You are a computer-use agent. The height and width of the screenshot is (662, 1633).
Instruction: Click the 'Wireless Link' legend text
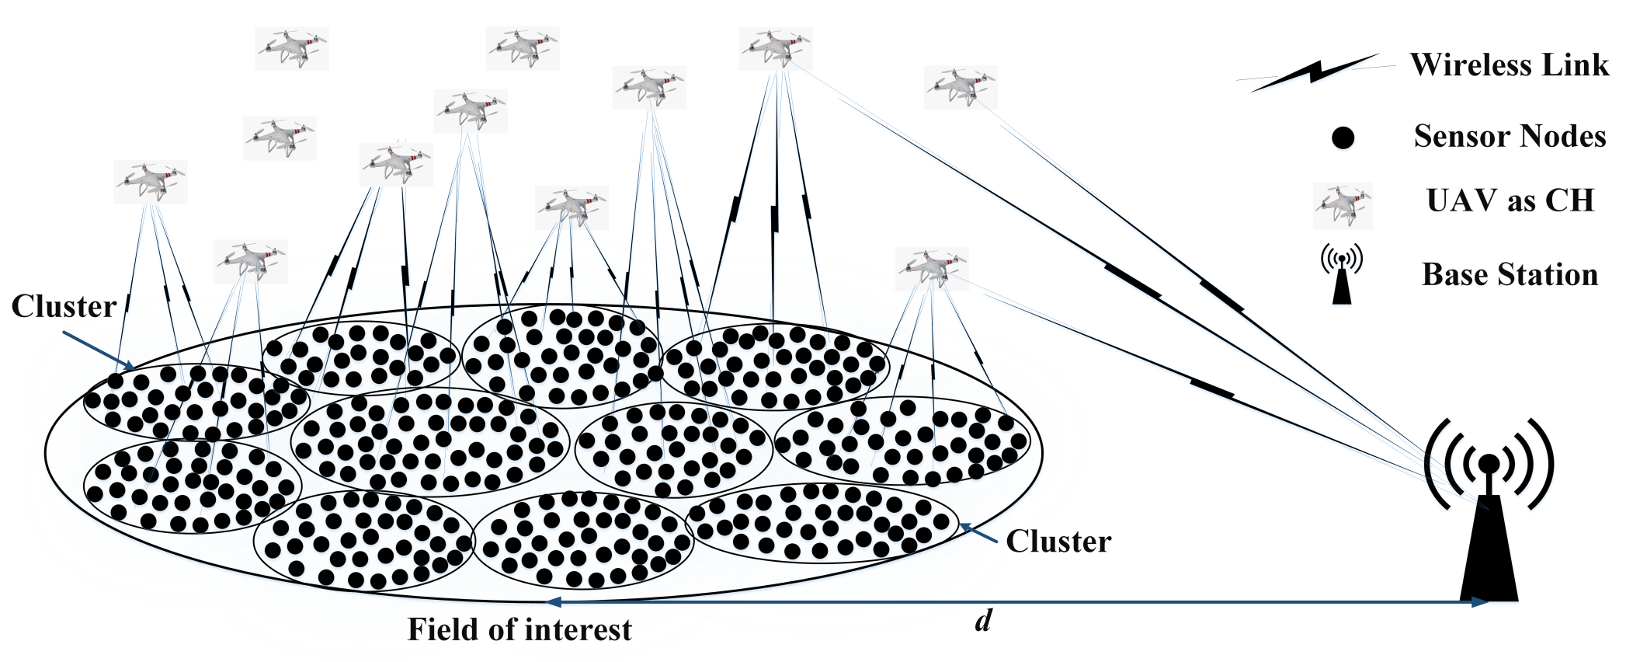pyautogui.click(x=1509, y=65)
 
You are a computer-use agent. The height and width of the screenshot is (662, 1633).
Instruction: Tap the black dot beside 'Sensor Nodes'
pyautogui.click(x=1343, y=138)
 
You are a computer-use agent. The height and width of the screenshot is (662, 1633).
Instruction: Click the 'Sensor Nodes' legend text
pyautogui.click(x=1509, y=137)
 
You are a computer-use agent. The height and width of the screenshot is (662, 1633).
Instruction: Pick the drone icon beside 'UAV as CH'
pyautogui.click(x=1343, y=205)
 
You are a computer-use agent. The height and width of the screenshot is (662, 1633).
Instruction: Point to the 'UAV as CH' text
pyautogui.click(x=1510, y=201)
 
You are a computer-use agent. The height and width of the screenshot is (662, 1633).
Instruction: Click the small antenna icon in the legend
pyautogui.click(x=1342, y=274)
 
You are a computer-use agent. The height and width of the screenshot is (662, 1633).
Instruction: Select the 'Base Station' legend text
pyautogui.click(x=1510, y=275)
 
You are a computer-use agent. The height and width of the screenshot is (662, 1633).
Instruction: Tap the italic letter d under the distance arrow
pyautogui.click(x=983, y=621)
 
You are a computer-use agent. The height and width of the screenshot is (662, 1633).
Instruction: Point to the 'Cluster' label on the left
pyautogui.click(x=64, y=307)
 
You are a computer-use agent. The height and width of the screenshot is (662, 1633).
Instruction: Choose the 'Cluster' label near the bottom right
pyautogui.click(x=1058, y=542)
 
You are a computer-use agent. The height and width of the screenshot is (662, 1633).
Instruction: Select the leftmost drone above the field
pyautogui.click(x=151, y=182)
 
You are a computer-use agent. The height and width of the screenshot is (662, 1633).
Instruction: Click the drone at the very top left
pyautogui.click(x=292, y=48)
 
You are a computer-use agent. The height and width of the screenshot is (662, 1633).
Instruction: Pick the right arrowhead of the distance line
pyautogui.click(x=1480, y=602)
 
